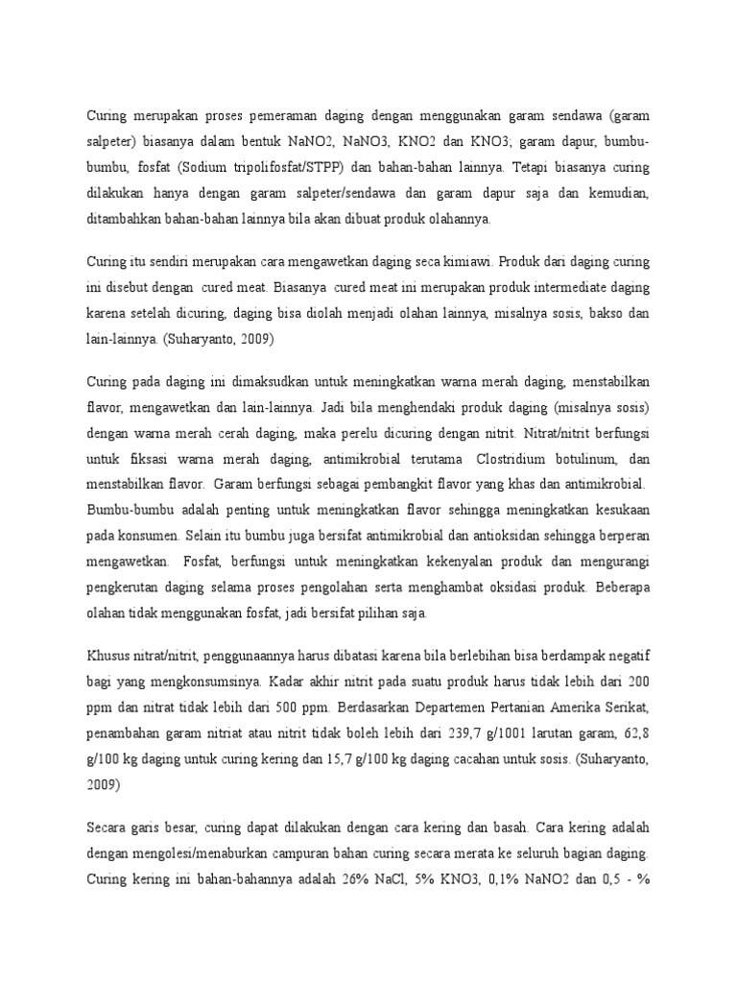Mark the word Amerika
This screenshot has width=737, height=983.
(x=561, y=707)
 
